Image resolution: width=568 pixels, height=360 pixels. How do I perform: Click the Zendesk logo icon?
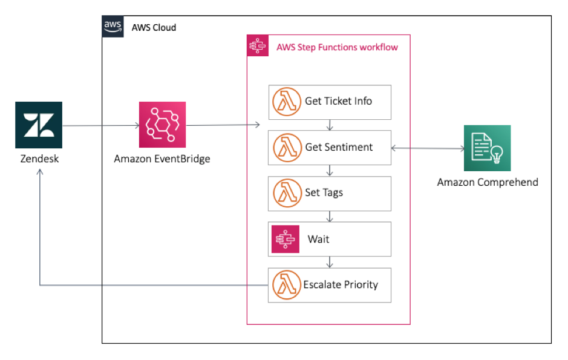pyautogui.click(x=39, y=125)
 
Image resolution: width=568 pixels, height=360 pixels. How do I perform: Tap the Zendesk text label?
pyautogui.click(x=39, y=160)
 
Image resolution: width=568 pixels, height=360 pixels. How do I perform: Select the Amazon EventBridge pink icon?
pyautogui.click(x=163, y=125)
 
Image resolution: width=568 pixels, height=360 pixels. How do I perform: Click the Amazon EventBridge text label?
pyautogui.click(x=162, y=159)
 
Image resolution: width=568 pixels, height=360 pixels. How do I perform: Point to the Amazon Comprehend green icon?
pyautogui.click(x=487, y=148)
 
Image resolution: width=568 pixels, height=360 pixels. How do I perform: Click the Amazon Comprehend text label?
pyautogui.click(x=488, y=182)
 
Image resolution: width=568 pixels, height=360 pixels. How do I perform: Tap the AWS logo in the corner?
pyautogui.click(x=113, y=27)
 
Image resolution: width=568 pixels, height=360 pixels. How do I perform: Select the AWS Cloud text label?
pyautogui.click(x=154, y=28)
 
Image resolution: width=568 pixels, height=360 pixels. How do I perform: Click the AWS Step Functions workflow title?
pyautogui.click(x=337, y=47)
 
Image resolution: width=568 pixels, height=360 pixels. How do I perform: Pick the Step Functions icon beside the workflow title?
pyautogui.click(x=258, y=47)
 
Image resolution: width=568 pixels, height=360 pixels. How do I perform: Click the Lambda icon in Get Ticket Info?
pyautogui.click(x=287, y=102)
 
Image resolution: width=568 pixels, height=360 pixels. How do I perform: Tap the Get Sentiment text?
pyautogui.click(x=339, y=147)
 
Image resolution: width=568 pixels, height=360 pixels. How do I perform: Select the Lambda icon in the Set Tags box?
pyautogui.click(x=287, y=193)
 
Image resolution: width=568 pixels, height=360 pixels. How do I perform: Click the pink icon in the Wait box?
pyautogui.click(x=285, y=239)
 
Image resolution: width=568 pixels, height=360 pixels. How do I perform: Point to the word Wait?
pyautogui.click(x=318, y=239)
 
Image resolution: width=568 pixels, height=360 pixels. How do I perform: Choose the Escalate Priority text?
pyautogui.click(x=341, y=284)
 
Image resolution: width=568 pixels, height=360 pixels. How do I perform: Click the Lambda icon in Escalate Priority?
pyautogui.click(x=287, y=284)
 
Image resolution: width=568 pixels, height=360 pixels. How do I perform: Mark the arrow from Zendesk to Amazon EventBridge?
pyautogui.click(x=100, y=126)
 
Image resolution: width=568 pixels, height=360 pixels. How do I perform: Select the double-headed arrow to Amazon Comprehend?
pyautogui.click(x=427, y=147)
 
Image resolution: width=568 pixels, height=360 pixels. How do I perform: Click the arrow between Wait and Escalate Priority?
pyautogui.click(x=329, y=262)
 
